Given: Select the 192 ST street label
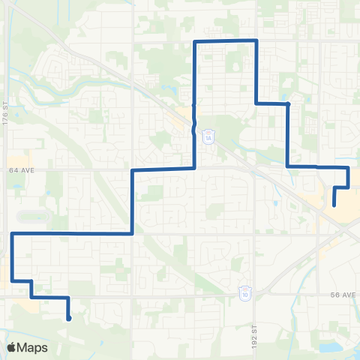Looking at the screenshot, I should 256,318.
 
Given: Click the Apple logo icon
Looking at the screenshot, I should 11,347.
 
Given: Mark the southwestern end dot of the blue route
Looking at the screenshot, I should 69,319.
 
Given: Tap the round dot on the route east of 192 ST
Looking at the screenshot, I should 289,104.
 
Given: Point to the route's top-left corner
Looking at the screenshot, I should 195,40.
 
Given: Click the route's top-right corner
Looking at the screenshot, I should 257,40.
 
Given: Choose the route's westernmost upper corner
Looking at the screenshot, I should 12,234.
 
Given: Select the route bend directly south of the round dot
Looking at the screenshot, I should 289,166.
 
